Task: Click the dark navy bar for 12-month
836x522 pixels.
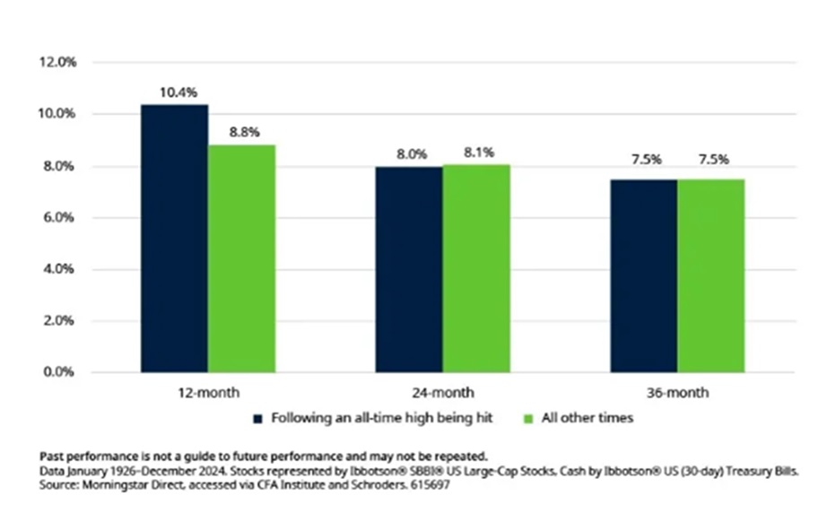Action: [174, 239]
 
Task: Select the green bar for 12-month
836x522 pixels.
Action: [241, 258]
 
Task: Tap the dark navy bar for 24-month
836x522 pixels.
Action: [409, 269]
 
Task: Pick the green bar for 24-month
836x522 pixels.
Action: [476, 268]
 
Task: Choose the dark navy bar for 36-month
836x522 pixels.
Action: [643, 275]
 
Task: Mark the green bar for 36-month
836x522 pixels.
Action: [710, 275]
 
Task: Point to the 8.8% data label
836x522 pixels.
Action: [243, 132]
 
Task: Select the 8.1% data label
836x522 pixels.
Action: [478, 152]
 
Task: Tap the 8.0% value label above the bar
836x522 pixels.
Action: [411, 153]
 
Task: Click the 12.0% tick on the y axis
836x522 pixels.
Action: [56, 63]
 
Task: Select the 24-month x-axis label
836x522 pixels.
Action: [443, 393]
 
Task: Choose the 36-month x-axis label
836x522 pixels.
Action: [677, 393]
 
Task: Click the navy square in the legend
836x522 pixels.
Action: [258, 418]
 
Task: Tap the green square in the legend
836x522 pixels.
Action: [527, 418]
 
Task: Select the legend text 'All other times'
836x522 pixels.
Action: [574, 418]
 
